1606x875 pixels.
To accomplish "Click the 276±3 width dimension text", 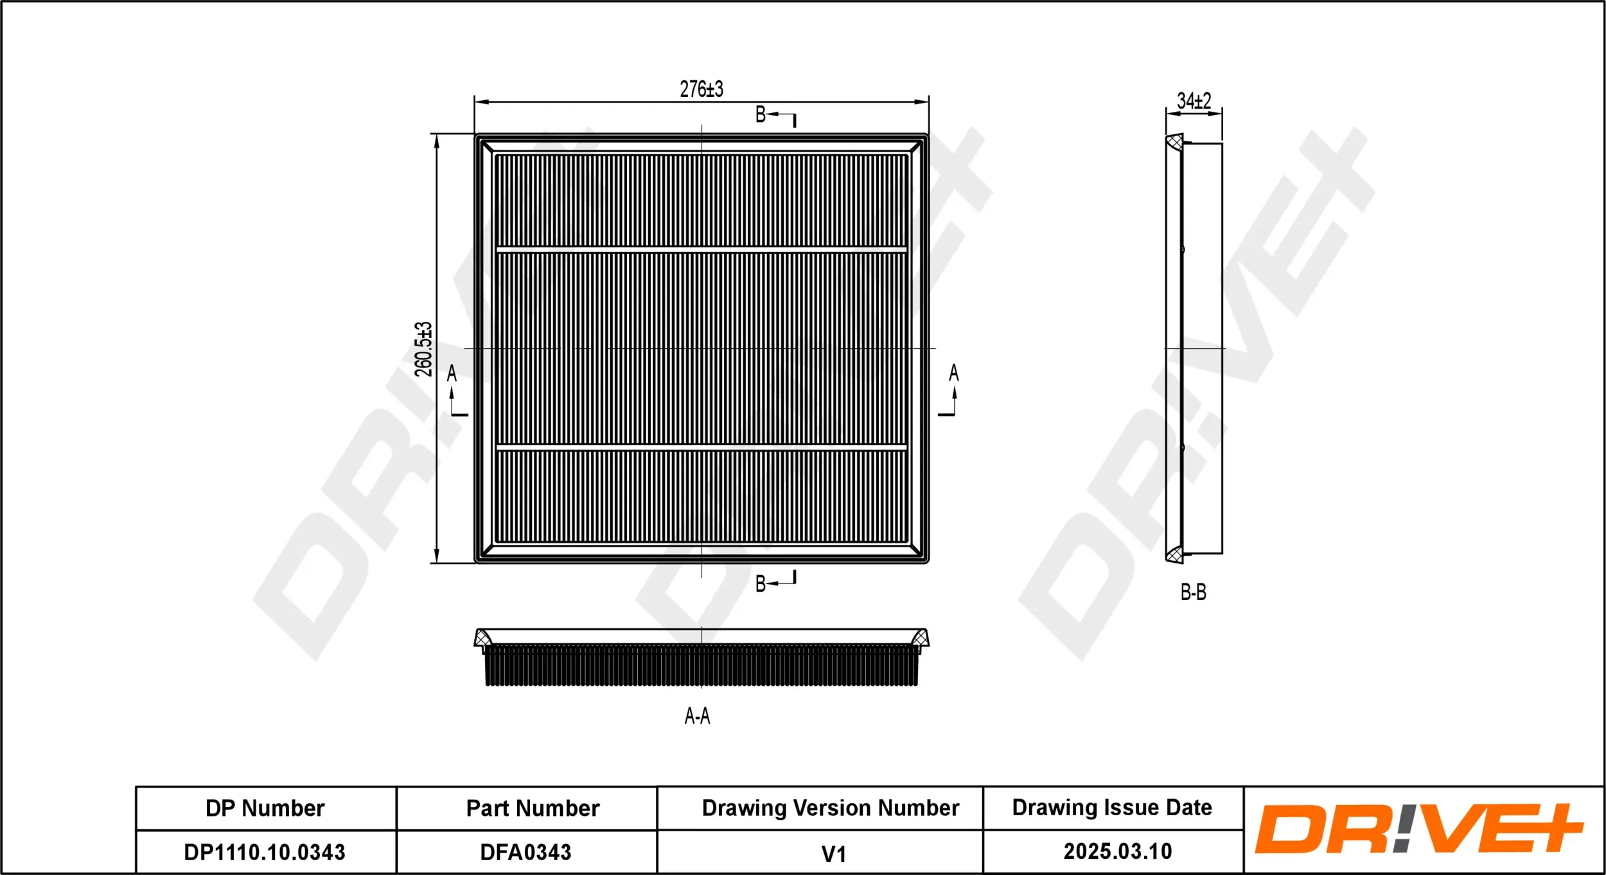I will click(702, 89).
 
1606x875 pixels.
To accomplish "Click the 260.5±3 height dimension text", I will click(423, 349).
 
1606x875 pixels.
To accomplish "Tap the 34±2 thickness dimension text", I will click(1194, 101).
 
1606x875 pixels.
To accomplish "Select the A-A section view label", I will click(697, 716).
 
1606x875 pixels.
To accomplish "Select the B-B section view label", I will click(1193, 592).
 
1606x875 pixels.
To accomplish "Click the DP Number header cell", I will click(265, 808).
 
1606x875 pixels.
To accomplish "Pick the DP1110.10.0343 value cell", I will click(265, 852).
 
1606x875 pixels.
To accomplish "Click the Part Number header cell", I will click(533, 808).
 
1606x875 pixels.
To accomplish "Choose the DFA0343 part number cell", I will click(525, 852).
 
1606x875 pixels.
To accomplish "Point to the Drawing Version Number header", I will click(830, 808).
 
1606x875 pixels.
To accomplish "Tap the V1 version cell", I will click(833, 854).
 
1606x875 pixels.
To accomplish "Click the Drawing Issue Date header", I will click(1112, 807).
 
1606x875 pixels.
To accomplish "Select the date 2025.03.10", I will click(1118, 851).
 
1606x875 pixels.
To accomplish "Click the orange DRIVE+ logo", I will click(1418, 829).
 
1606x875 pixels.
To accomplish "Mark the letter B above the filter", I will click(761, 114).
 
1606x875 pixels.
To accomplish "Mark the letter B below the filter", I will click(761, 583).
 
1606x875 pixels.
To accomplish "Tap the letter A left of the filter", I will click(452, 373).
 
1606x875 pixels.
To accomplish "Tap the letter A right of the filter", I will click(953, 373).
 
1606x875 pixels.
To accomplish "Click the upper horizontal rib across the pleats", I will click(702, 249).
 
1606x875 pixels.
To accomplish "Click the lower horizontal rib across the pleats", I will click(702, 447).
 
